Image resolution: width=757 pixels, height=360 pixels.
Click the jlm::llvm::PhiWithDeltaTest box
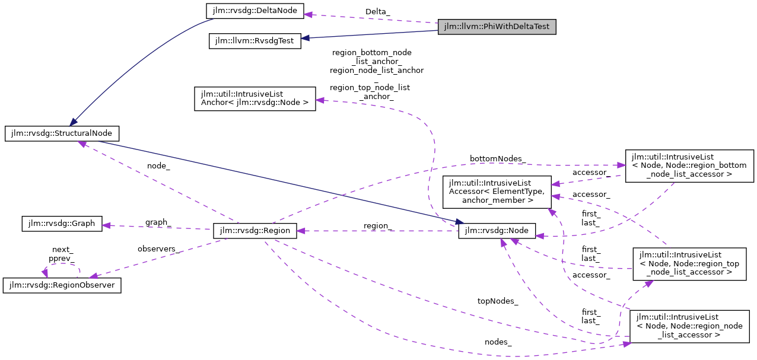(497, 27)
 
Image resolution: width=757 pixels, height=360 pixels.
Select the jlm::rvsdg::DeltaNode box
(255, 11)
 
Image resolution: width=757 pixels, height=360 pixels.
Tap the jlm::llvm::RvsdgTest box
(255, 41)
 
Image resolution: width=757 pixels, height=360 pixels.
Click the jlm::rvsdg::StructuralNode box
(62, 133)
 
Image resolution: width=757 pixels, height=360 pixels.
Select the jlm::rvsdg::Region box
(255, 231)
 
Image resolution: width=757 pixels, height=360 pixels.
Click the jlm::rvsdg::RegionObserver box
(62, 285)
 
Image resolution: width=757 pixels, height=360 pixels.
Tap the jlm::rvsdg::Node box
(497, 231)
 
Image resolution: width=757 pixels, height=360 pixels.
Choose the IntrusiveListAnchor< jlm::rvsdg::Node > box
(255, 98)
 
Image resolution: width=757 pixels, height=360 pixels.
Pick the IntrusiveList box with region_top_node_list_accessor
(688, 263)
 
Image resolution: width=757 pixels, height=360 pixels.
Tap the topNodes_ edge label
(498, 301)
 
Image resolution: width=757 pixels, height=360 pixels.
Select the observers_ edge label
(158, 249)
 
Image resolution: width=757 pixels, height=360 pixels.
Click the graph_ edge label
(158, 222)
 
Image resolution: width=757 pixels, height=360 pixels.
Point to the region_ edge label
(378, 226)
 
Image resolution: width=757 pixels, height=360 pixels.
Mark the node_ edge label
(158, 166)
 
